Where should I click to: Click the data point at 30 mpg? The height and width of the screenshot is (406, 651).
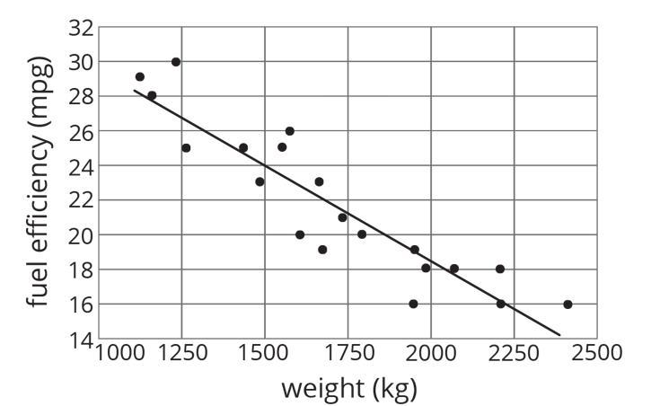pyautogui.click(x=176, y=62)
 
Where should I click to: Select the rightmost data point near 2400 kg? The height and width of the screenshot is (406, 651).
pyautogui.click(x=567, y=304)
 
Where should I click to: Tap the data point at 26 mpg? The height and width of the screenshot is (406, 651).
pyautogui.click(x=289, y=131)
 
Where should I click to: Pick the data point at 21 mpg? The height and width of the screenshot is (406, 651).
pyautogui.click(x=342, y=217)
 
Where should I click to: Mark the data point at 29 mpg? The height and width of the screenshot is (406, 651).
pyautogui.click(x=140, y=77)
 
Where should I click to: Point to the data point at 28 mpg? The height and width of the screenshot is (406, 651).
pyautogui.click(x=152, y=95)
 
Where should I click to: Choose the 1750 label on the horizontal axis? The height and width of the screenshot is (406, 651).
pyautogui.click(x=347, y=353)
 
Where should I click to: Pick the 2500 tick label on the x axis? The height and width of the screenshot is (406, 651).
pyautogui.click(x=598, y=353)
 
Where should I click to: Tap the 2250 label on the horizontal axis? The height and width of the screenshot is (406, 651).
pyautogui.click(x=515, y=353)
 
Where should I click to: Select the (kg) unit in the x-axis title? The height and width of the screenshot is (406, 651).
pyautogui.click(x=393, y=389)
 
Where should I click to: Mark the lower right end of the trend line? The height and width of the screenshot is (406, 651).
pyautogui.click(x=559, y=335)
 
